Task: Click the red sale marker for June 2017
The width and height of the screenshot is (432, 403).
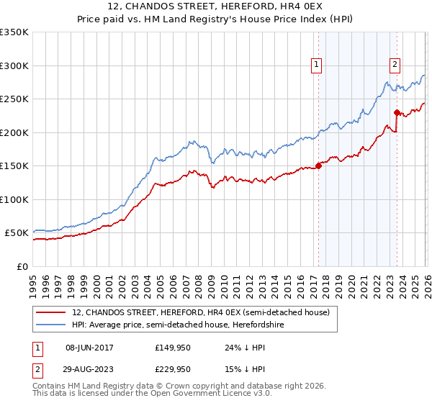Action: point(318,166)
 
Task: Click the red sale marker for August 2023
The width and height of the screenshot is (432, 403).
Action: point(397,112)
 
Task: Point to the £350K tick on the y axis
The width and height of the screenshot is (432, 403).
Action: point(14,32)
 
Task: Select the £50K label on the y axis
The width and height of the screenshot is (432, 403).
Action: point(17,233)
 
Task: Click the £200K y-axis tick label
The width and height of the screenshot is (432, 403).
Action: point(14,132)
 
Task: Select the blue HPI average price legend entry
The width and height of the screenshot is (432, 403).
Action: point(187,324)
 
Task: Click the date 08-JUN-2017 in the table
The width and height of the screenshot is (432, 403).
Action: point(89,348)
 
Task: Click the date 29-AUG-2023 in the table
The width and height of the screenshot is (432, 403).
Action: point(89,369)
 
